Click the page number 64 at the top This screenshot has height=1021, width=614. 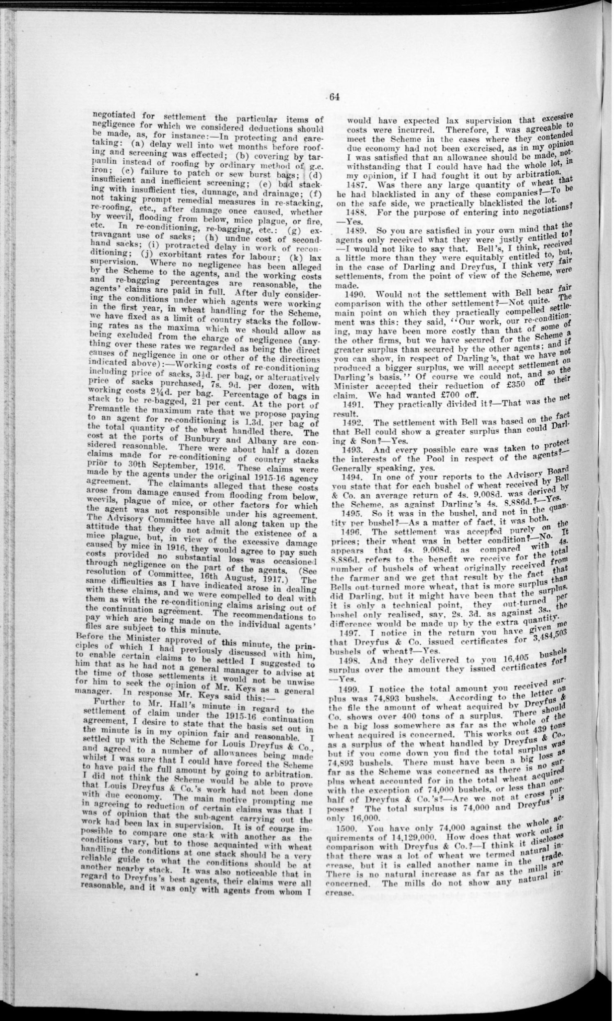tap(334, 97)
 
